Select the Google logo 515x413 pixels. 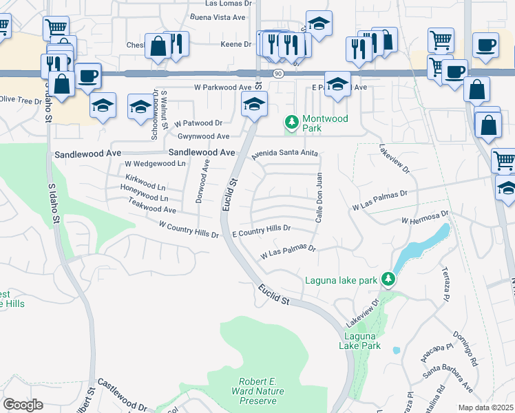pos(23,405)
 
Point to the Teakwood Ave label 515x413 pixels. pos(152,205)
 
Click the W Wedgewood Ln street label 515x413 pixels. pos(155,164)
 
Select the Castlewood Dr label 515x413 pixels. pos(123,394)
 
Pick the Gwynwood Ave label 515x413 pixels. pos(203,136)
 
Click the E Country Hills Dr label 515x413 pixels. pos(262,231)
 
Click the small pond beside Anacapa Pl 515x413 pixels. pos(397,350)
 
